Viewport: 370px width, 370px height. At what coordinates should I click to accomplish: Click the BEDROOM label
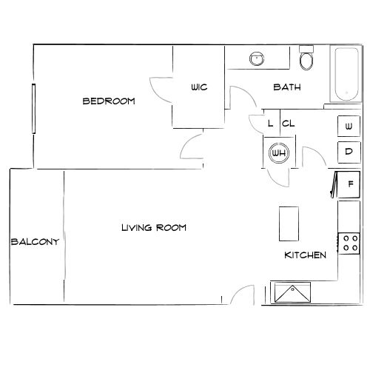coord(108,101)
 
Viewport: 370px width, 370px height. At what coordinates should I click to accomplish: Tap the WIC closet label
coord(199,87)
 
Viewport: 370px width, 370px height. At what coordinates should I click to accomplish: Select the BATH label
coord(286,87)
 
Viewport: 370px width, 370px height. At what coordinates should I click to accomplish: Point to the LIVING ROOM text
coord(153,228)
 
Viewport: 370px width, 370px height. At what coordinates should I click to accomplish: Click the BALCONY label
coord(35,241)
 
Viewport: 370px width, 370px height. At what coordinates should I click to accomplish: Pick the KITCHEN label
coord(306,255)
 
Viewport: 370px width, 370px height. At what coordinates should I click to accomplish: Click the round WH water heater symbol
coord(279,153)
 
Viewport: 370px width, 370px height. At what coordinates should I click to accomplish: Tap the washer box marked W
coord(349,127)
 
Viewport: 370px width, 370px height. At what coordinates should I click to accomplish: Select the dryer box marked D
coord(349,152)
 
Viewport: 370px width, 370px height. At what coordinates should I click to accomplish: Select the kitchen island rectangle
coord(289,223)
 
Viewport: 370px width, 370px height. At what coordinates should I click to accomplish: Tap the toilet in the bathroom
coord(306,58)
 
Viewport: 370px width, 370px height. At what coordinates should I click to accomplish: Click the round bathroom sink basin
coord(257,58)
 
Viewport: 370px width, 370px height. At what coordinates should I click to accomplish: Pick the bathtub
coord(345,75)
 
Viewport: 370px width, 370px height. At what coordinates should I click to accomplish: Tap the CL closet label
coord(289,124)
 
